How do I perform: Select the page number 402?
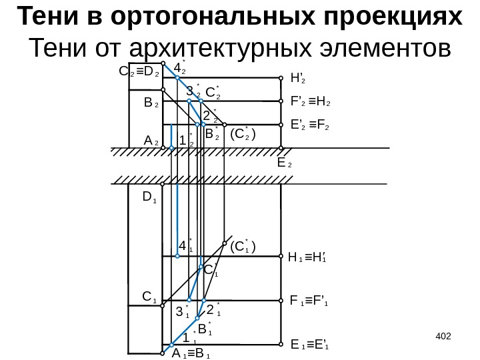(443, 332)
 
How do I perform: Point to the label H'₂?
(298, 79)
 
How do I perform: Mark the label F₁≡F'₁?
(310, 301)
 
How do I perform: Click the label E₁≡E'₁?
(311, 345)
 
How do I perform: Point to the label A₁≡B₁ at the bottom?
(191, 354)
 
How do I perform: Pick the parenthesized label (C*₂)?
(243, 134)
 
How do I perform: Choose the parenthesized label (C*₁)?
(243, 246)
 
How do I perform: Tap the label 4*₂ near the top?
(179, 68)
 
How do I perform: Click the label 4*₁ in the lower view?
(185, 247)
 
